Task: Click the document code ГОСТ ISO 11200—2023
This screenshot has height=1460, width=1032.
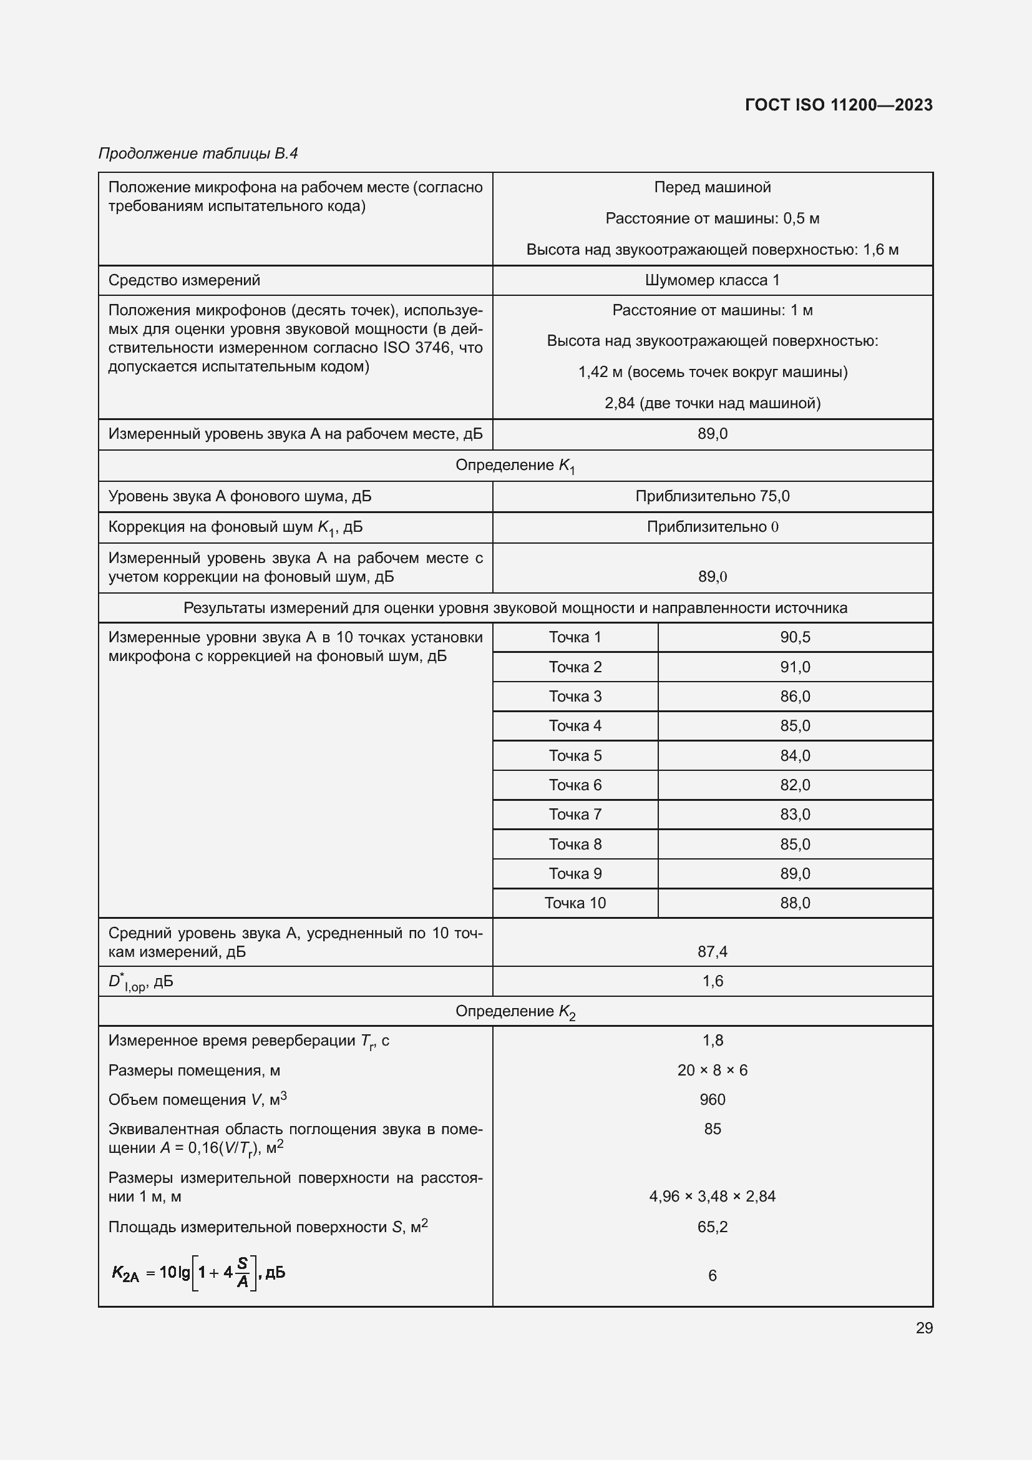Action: tap(838, 105)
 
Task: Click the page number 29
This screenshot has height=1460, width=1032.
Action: tap(924, 1328)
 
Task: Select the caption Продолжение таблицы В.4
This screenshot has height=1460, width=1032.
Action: tap(198, 154)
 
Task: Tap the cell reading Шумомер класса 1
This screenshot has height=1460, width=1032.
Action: tap(712, 280)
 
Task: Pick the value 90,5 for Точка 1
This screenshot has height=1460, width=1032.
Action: tap(794, 637)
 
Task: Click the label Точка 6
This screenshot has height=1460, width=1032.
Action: tap(575, 785)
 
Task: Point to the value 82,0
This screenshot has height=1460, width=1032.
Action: tap(794, 785)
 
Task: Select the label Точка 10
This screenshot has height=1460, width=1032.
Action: tap(575, 903)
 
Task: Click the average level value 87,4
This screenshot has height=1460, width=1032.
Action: tap(712, 952)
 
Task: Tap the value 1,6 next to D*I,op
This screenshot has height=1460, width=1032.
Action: tap(712, 981)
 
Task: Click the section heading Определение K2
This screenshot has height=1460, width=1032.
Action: tap(515, 1012)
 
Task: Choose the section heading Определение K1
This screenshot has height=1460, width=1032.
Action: tap(515, 466)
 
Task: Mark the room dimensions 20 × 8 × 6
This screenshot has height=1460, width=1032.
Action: tap(712, 1071)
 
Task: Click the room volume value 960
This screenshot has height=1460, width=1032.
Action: tap(712, 1099)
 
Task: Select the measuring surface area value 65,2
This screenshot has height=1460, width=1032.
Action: tap(712, 1227)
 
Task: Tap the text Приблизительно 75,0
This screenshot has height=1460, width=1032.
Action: tap(712, 496)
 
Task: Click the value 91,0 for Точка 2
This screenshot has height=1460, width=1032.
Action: tap(794, 667)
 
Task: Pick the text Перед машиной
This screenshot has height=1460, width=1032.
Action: tap(712, 187)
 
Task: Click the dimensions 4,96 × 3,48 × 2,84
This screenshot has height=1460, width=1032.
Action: tap(712, 1196)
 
